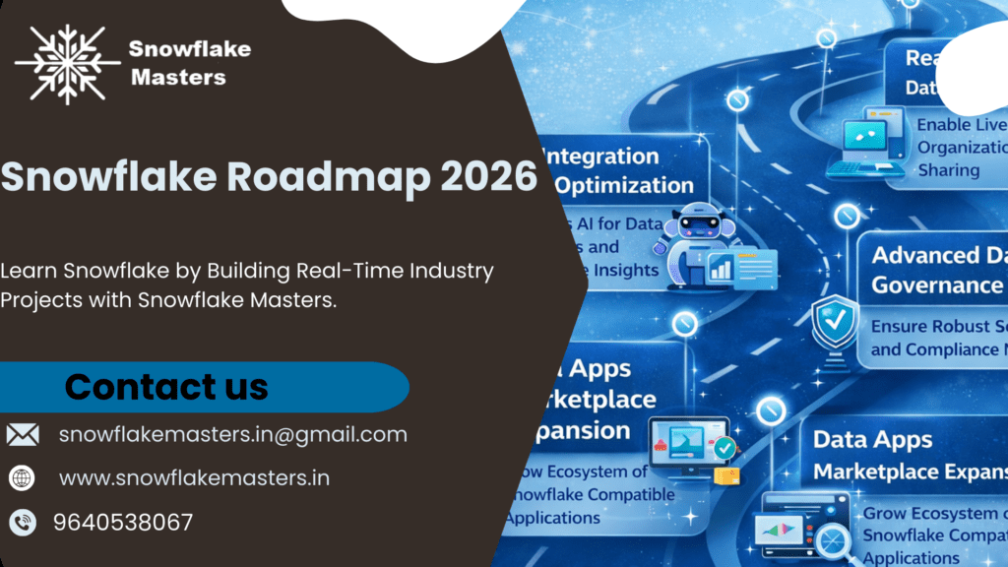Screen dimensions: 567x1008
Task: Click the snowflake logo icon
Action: coord(67,64)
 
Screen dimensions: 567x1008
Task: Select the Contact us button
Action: coord(167,387)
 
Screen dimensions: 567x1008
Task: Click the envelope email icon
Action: coord(23,434)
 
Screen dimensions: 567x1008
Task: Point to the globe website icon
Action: coord(22,478)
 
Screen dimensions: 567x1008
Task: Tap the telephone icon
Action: coord(22,523)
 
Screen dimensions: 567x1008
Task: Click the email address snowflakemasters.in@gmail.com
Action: coord(232,434)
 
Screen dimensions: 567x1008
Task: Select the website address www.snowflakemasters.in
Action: coord(194,478)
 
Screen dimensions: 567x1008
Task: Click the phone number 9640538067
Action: coord(123,523)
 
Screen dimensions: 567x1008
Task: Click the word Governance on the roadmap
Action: coord(935,285)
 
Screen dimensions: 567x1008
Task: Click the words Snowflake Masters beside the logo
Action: coord(190,62)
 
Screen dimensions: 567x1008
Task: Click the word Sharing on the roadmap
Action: coord(949,170)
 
